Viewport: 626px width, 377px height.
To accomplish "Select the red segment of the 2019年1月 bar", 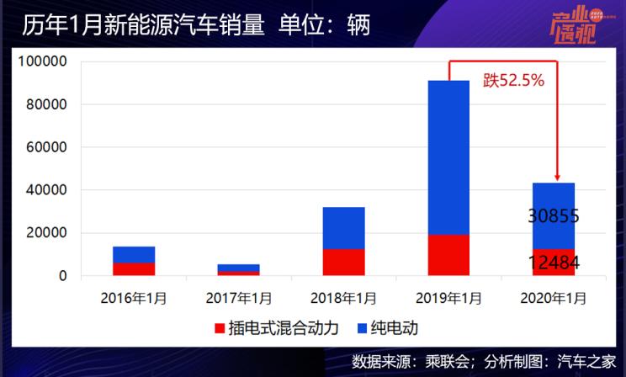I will click(x=448, y=255).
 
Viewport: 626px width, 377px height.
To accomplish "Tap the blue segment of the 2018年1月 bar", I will click(x=343, y=228).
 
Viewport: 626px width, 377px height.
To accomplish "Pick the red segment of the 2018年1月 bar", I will click(x=343, y=263).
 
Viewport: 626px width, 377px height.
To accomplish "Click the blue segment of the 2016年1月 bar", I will click(x=134, y=255).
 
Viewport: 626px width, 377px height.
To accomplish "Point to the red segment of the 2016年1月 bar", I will click(x=134, y=269).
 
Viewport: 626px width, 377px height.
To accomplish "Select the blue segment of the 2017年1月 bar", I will click(x=238, y=268).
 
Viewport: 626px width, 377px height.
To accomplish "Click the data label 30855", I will click(x=553, y=216).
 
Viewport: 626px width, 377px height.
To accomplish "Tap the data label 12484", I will click(x=553, y=263).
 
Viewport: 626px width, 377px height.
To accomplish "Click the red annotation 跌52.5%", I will click(x=513, y=82).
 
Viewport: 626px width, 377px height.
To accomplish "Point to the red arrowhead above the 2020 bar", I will click(x=557, y=177).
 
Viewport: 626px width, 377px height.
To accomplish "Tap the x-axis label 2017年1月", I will click(x=238, y=297).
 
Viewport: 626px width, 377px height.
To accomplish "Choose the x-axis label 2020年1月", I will click(x=553, y=297).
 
